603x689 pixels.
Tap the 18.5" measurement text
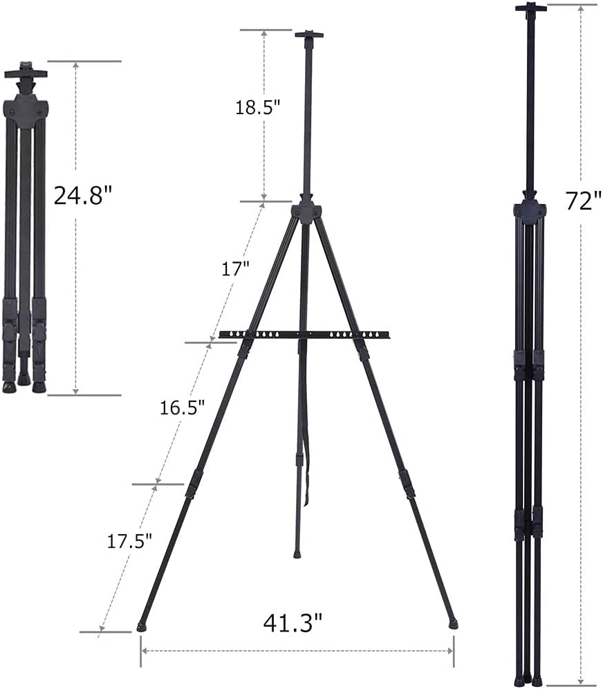257,107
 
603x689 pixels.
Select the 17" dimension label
235,268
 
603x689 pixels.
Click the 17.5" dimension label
129,540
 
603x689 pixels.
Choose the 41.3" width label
293,623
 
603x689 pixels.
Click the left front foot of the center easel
142,627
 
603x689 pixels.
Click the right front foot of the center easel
453,623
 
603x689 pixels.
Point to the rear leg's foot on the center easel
297,554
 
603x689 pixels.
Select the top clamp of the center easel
309,34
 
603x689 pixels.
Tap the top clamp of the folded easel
26,71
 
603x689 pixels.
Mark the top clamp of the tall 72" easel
530,8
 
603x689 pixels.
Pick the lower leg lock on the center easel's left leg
194,484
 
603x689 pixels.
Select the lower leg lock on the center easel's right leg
407,484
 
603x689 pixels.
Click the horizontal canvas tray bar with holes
304,335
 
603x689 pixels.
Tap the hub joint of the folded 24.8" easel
26,111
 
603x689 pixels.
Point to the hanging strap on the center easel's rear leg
307,443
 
